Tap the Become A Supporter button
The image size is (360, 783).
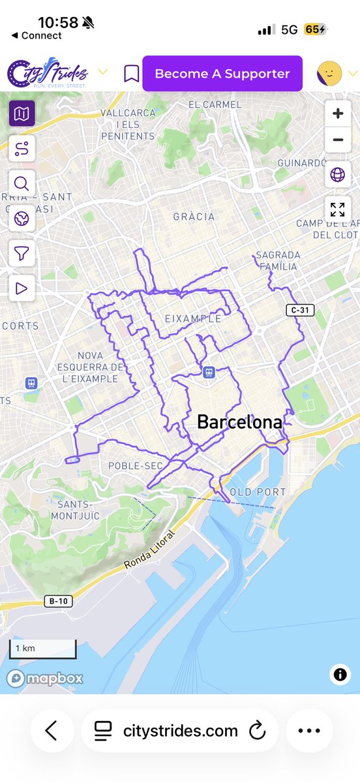point(222,74)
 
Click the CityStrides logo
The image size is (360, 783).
point(48,74)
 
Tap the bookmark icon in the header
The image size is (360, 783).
point(132,74)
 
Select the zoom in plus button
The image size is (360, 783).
point(337,114)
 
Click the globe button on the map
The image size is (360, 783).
point(337,174)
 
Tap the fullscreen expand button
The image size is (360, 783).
point(337,209)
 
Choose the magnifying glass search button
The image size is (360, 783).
point(22,183)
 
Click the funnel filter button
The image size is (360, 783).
point(22,253)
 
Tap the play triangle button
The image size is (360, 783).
point(22,288)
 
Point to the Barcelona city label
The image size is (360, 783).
point(239,422)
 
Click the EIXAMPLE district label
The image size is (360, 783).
point(192,319)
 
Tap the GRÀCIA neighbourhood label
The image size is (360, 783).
point(193,217)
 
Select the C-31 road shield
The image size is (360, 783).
point(300,310)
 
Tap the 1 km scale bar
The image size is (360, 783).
point(42,649)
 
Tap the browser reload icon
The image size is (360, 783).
point(257,730)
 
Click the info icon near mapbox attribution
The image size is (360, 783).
point(340,675)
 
